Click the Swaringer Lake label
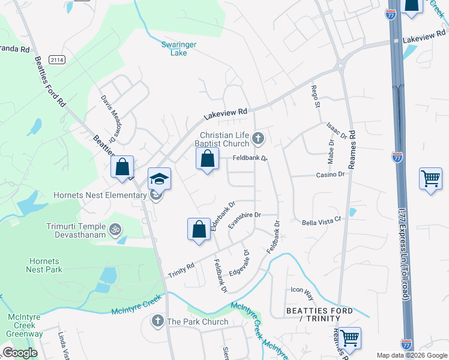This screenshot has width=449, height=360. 175,49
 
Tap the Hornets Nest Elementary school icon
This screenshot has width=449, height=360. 160,179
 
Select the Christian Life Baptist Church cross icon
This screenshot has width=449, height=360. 258,139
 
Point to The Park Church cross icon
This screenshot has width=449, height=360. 158,321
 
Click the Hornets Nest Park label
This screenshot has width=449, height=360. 43,265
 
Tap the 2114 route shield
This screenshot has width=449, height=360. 57,60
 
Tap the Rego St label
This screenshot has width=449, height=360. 315,97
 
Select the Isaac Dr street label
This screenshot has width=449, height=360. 337,131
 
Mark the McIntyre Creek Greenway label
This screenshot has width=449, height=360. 25,325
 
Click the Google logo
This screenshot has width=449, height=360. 20,352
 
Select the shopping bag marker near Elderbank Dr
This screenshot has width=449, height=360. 199,230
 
